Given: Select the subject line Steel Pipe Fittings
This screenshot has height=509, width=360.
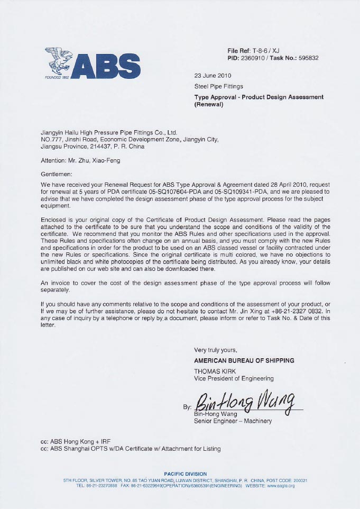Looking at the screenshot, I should (x=219, y=86).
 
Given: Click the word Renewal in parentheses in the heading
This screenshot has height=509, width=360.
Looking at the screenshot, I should (x=209, y=104).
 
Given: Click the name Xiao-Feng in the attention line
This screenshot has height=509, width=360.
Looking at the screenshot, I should (x=113, y=160).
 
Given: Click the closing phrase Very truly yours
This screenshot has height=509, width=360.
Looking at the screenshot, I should (x=216, y=350).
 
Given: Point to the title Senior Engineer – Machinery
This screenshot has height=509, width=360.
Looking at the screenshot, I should (x=233, y=421).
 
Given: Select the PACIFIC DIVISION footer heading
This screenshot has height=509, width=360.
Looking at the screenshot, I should (x=186, y=474).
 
